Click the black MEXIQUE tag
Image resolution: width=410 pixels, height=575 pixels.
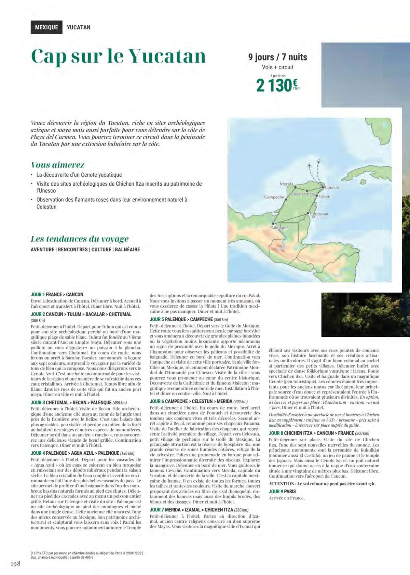pyautogui.click(x=46, y=27)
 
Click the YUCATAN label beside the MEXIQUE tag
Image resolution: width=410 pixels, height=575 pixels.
pyautogui.click(x=79, y=27)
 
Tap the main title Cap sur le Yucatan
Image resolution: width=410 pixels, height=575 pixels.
pyautogui.click(x=118, y=56)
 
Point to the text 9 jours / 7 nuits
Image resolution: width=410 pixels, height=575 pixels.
pyautogui.click(x=277, y=57)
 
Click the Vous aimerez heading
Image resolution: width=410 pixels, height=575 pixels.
pyautogui.click(x=58, y=165)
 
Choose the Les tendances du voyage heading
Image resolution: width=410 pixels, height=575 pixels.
pyautogui.click(x=80, y=239)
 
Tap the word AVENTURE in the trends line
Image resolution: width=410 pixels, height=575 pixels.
pyautogui.click(x=42, y=250)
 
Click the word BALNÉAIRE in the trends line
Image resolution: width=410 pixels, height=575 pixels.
pyautogui.click(x=127, y=250)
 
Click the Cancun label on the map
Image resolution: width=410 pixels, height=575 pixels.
pyautogui.click(x=331, y=188)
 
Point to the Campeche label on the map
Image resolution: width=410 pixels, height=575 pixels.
pyautogui.click(x=274, y=197)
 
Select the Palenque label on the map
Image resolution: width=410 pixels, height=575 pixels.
pyautogui.click(x=279, y=228)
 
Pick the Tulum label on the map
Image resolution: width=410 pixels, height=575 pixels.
pyautogui.click(x=325, y=197)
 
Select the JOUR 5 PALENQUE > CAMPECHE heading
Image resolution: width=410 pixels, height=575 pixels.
pyautogui.click(x=181, y=319)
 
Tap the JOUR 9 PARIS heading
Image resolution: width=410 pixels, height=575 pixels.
pyautogui.click(x=282, y=491)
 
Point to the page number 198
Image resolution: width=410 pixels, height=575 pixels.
pyautogui.click(x=15, y=563)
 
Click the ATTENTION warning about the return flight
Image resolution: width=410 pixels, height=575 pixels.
pyautogui.click(x=322, y=484)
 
